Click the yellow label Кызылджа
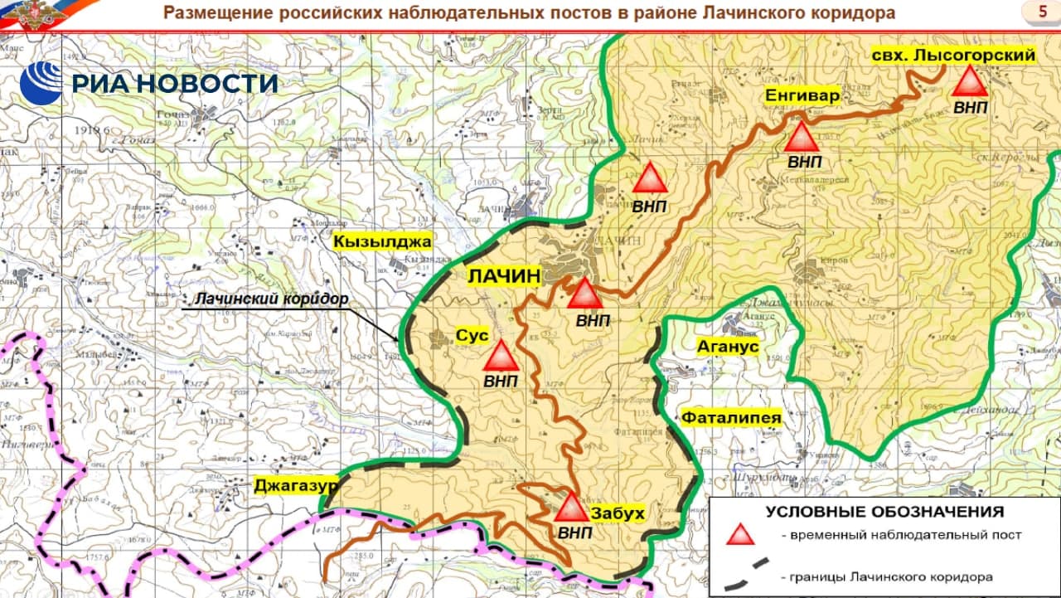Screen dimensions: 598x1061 (382, 242)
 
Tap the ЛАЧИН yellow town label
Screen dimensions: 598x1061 (504, 275)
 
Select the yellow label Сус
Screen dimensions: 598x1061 (472, 336)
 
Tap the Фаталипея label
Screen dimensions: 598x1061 (731, 418)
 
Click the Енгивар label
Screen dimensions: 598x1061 (802, 95)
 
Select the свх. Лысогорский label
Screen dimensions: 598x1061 (954, 56)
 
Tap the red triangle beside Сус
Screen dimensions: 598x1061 (501, 357)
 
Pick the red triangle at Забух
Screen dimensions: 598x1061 (571, 508)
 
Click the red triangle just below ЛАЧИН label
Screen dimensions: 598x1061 (584, 295)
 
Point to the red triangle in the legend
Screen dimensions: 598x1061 (741, 534)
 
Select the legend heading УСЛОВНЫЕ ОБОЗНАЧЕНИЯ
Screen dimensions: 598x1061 (884, 512)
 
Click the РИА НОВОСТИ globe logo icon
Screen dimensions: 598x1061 (41, 83)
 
